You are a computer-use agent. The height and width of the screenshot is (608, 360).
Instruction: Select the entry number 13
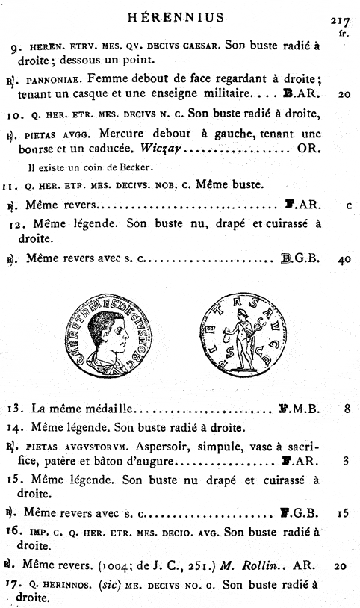pyautogui.click(x=20, y=409)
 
